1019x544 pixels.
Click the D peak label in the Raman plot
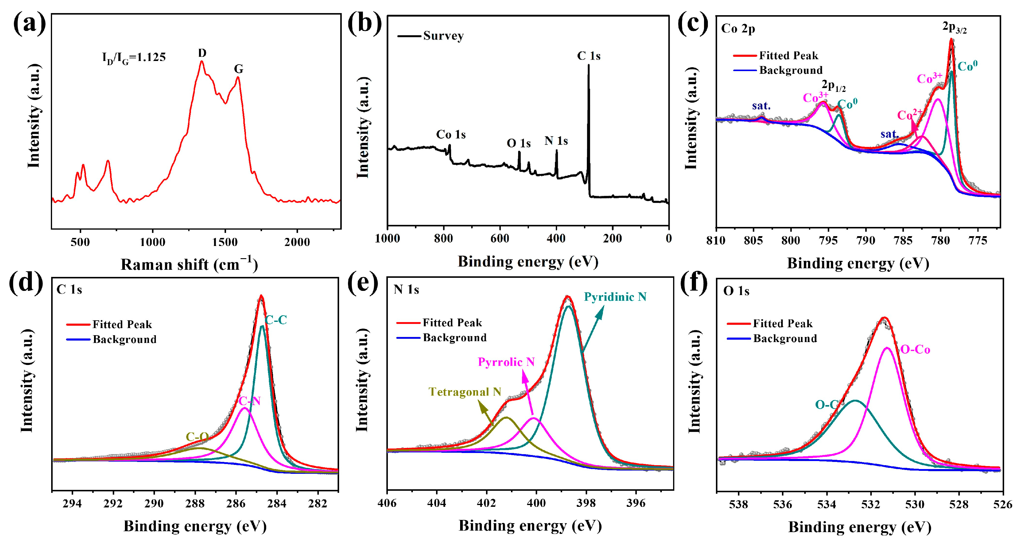pos(202,53)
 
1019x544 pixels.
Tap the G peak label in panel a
pos(239,69)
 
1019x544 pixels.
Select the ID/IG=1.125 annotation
pos(134,58)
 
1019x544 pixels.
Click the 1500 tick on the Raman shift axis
pos(225,242)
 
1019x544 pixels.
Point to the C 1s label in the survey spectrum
pos(588,56)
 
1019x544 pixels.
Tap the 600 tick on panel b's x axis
pos(500,239)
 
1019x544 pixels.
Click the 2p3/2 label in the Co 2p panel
pos(954,27)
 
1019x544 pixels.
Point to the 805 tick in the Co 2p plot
pos(753,241)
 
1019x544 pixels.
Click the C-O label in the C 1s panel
pos(197,437)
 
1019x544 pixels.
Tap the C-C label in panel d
pos(276,320)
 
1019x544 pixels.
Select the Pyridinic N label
pos(615,297)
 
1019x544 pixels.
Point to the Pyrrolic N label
pos(506,362)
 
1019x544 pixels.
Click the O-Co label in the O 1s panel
pos(915,350)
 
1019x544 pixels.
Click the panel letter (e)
pos(362,284)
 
